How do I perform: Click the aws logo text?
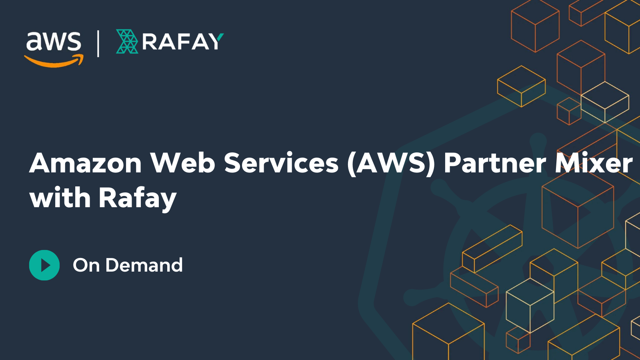(x=54, y=41)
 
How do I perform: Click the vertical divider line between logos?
(x=98, y=44)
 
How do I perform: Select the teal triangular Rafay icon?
(x=127, y=42)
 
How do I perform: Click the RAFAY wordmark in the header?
(x=182, y=42)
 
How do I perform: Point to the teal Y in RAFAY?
(x=217, y=41)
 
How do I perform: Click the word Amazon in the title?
(x=86, y=163)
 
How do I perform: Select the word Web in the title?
(x=183, y=163)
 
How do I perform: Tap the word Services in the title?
(x=281, y=163)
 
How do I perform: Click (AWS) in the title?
(x=391, y=163)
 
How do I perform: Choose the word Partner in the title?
(x=495, y=163)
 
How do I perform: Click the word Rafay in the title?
(x=138, y=198)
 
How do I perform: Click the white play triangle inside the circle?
(x=45, y=265)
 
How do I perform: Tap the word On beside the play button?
(x=86, y=265)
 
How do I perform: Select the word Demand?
(x=144, y=265)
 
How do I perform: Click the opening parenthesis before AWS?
(x=351, y=164)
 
